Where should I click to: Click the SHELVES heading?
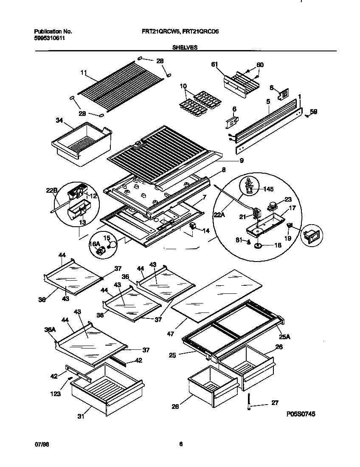coord(185,48)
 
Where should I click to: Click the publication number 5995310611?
coord(49,38)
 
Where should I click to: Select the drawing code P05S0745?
coord(301,413)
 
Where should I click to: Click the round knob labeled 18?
coord(257,245)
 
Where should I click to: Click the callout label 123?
coord(55,394)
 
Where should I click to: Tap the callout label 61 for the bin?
coord(214,64)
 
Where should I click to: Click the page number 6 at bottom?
coord(180,444)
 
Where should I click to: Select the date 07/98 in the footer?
coord(39,444)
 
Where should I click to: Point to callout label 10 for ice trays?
coord(183,86)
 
